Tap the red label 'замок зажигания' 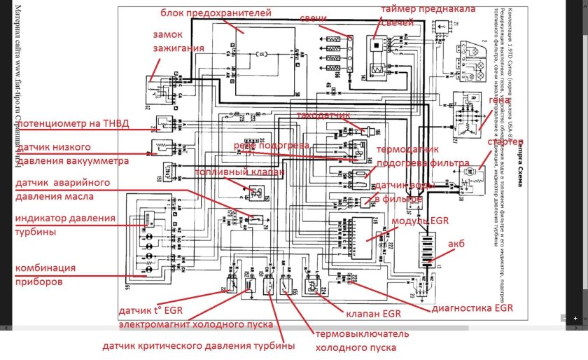pos(178,41)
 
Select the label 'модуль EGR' pos(419,221)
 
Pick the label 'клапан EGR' pos(363,312)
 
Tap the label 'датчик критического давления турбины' pos(198,346)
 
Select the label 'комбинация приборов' pos(45,275)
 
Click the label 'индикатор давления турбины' pos(64,225)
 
